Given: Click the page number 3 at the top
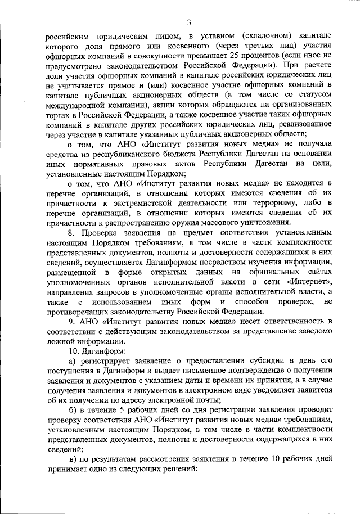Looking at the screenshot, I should coord(189,22).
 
